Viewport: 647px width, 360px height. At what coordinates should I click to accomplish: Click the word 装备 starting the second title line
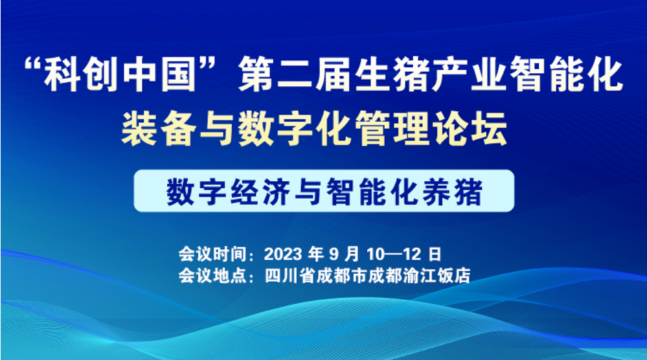[159, 129]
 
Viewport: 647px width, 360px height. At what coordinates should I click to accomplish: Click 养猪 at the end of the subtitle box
[453, 192]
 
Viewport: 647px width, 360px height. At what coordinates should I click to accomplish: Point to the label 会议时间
[212, 254]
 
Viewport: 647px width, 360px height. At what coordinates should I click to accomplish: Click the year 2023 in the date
[283, 254]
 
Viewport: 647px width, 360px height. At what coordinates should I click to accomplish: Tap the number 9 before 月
[334, 254]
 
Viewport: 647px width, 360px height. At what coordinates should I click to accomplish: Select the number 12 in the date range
[412, 254]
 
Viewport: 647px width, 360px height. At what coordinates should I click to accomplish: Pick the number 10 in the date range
[376, 254]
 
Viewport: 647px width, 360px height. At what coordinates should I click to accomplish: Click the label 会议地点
[212, 275]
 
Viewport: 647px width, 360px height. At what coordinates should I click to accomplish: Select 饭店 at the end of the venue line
[453, 275]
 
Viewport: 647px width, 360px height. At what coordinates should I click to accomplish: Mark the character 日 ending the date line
[435, 254]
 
